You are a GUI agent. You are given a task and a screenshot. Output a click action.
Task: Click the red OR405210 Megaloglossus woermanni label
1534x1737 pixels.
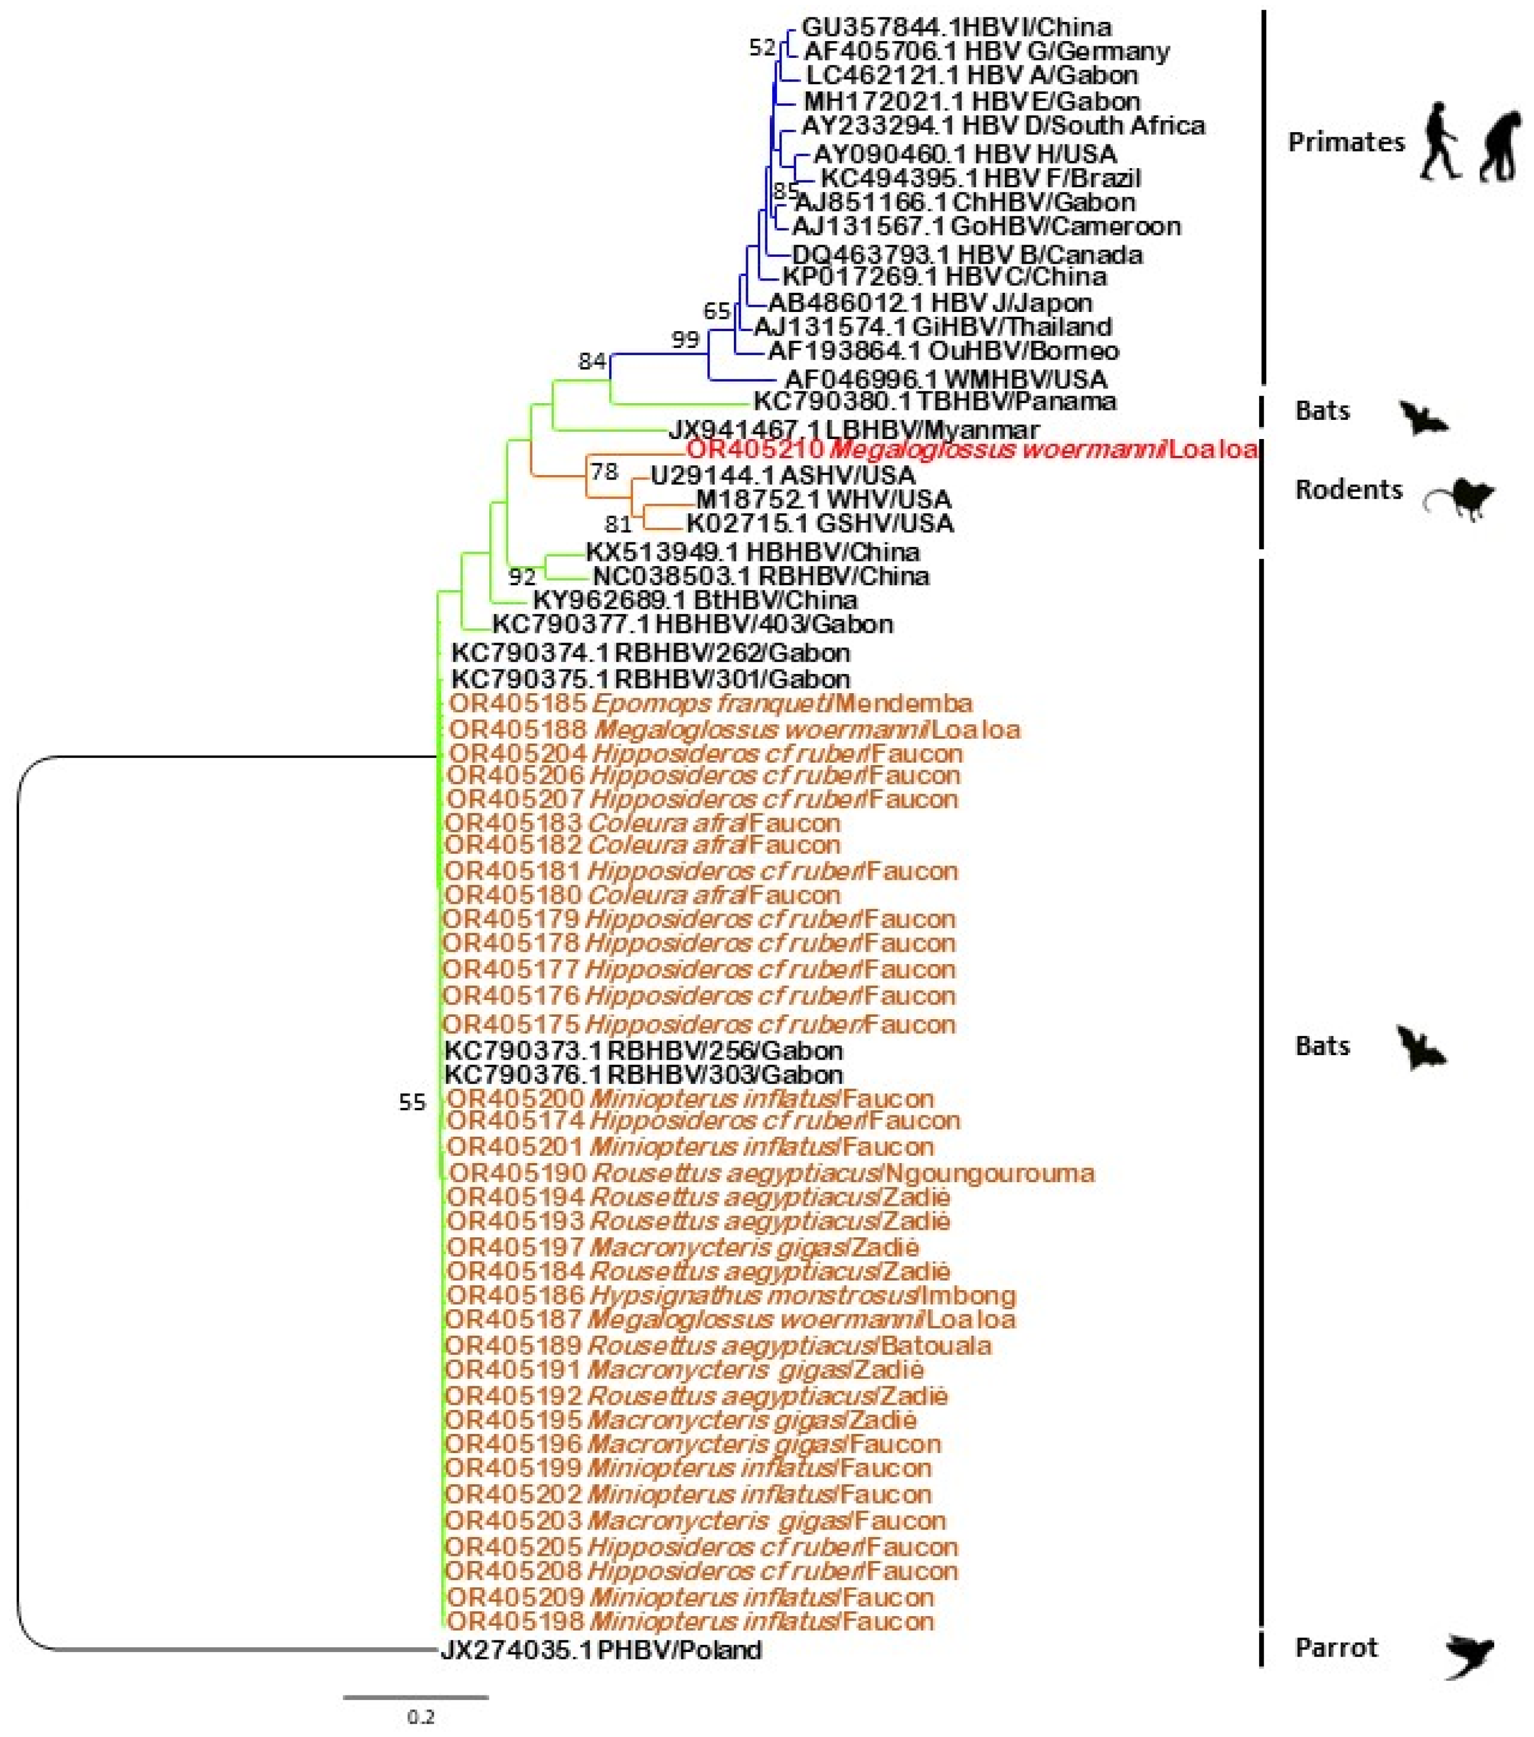pyautogui.click(x=971, y=450)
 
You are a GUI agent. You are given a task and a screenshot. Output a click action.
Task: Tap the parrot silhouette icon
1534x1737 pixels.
pyautogui.click(x=1469, y=1656)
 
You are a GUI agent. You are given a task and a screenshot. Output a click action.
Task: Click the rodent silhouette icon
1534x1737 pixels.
pyautogui.click(x=1461, y=499)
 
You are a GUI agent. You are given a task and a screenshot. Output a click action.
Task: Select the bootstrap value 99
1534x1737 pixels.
pyautogui.click(x=685, y=340)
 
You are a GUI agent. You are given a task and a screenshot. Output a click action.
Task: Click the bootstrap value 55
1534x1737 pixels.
pyautogui.click(x=412, y=1103)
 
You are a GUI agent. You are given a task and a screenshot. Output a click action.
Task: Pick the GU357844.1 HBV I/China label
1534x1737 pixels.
pyautogui.click(x=956, y=27)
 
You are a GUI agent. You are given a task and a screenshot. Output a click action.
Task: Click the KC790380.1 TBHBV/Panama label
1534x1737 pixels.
pyautogui.click(x=935, y=401)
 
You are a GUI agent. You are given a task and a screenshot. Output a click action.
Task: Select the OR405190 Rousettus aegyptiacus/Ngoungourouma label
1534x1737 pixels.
pyautogui.click(x=771, y=1174)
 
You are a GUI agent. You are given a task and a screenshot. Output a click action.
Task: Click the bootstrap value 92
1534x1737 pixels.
pyautogui.click(x=522, y=578)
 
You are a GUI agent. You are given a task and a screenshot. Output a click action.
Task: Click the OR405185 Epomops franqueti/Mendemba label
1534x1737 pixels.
pyautogui.click(x=710, y=704)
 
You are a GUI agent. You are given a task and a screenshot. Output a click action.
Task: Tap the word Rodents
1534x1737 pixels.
pyautogui.click(x=1348, y=490)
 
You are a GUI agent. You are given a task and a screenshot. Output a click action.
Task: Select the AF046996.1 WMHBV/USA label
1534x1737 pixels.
pyautogui.click(x=945, y=378)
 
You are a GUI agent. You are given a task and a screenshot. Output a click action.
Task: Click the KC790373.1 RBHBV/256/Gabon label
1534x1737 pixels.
pyautogui.click(x=643, y=1051)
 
